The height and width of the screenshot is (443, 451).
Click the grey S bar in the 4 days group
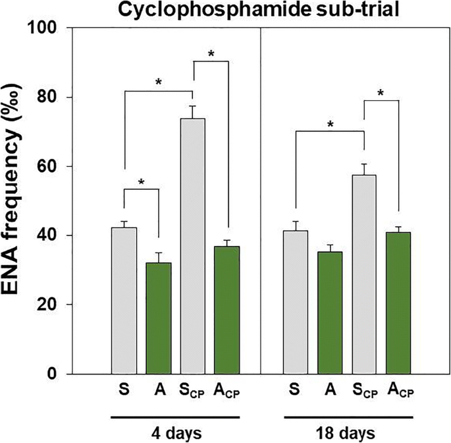coord(124,301)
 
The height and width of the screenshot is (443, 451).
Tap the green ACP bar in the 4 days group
coord(228,310)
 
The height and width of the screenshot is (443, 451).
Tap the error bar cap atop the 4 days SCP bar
coord(193,106)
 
